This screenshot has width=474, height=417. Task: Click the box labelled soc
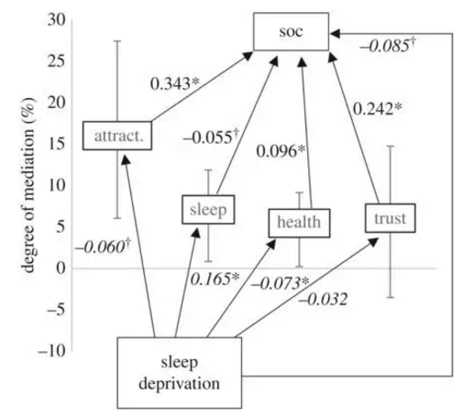click(x=291, y=31)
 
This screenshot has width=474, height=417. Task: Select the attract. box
click(x=117, y=136)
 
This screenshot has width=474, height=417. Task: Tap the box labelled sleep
click(x=208, y=210)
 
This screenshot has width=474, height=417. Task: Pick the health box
click(x=299, y=223)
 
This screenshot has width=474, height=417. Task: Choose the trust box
click(x=390, y=218)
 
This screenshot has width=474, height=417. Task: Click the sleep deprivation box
click(x=180, y=373)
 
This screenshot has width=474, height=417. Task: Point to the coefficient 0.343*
click(x=174, y=83)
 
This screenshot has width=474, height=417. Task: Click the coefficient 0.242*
click(x=377, y=108)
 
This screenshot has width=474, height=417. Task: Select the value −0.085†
click(x=388, y=45)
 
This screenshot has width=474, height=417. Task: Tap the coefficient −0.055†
click(x=210, y=137)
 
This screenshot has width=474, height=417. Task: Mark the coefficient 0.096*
click(x=281, y=151)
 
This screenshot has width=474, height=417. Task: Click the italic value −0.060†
click(x=103, y=247)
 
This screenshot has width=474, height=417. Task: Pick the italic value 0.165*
click(x=215, y=279)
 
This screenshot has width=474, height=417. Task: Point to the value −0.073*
click(x=280, y=283)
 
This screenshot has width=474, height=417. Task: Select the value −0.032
click(x=323, y=299)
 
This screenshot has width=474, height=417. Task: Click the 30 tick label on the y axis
click(x=57, y=20)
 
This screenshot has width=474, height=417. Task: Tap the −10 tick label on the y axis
click(x=51, y=351)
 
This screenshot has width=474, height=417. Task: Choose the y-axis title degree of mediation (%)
click(x=28, y=185)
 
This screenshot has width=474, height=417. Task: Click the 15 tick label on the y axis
click(x=57, y=144)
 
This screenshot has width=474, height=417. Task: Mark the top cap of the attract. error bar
click(x=117, y=40)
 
